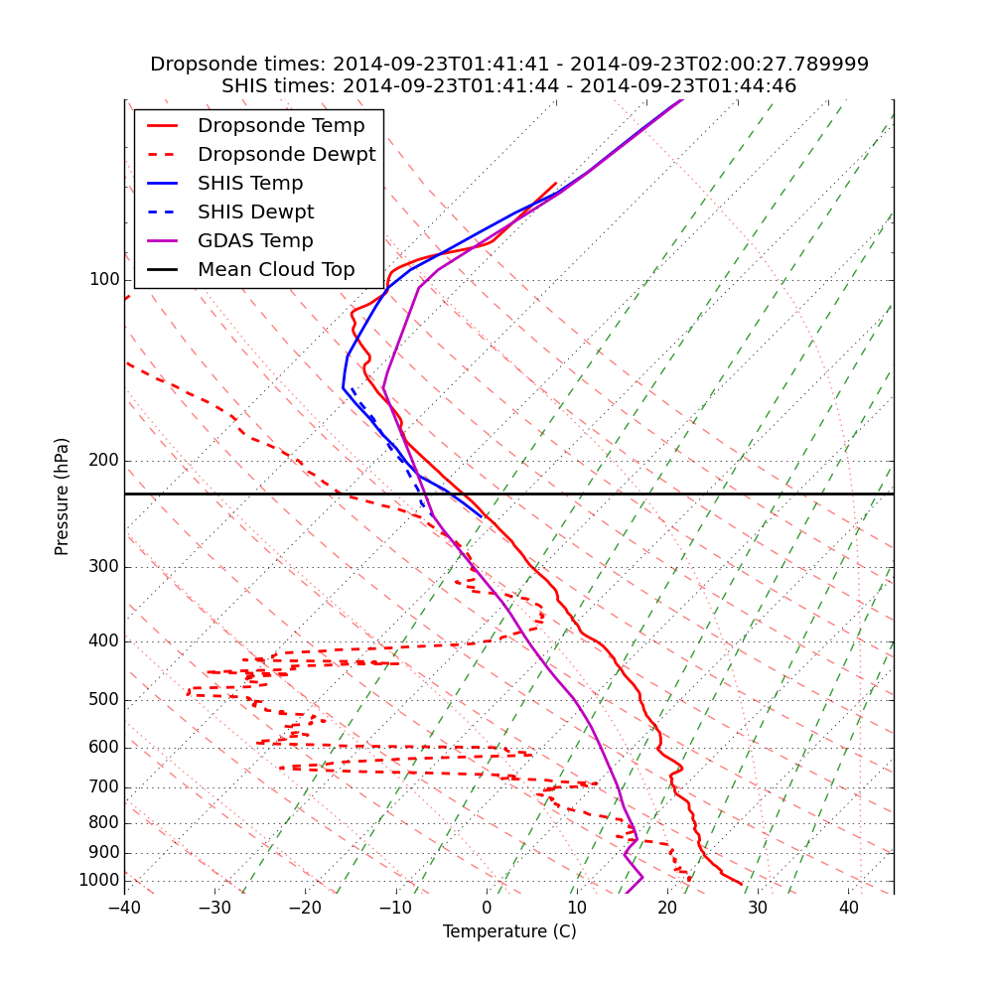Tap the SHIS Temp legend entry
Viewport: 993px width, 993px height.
click(250, 184)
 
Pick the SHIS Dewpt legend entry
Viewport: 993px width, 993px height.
click(255, 213)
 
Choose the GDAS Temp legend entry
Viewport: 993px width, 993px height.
click(255, 241)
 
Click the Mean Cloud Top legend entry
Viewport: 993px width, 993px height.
click(276, 270)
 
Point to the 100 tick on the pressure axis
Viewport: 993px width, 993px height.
click(104, 280)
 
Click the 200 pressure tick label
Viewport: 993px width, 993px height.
click(104, 461)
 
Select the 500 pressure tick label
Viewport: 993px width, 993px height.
click(104, 700)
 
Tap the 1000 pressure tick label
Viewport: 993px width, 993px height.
click(99, 881)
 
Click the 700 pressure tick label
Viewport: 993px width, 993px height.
click(104, 787)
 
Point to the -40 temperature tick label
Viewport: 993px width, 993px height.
click(124, 908)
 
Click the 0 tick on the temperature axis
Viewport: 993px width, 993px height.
click(488, 908)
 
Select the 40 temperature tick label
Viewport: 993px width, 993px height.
click(849, 908)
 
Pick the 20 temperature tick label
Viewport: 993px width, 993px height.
click(668, 908)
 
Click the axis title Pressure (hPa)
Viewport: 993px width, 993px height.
click(63, 496)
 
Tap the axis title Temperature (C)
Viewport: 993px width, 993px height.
click(509, 931)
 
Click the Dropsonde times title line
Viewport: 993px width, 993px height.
click(509, 65)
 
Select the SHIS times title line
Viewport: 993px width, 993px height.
click(509, 86)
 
